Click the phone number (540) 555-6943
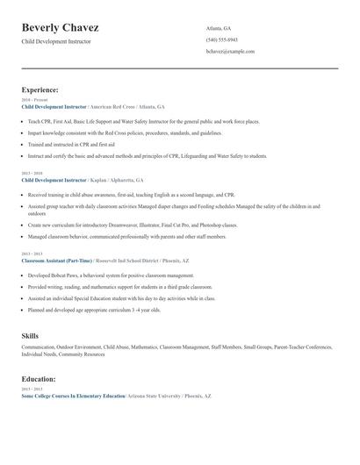pyautogui.click(x=221, y=39)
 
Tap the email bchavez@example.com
pyautogui.click(x=230, y=51)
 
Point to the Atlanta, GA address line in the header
pyautogui.click(x=220, y=28)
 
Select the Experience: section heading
pyautogui.click(x=40, y=89)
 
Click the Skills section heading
pyautogui.click(x=30, y=336)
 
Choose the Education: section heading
pyautogui.click(x=39, y=379)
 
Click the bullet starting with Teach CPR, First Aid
pyautogui.click(x=143, y=121)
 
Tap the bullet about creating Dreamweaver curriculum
pyautogui.click(x=132, y=225)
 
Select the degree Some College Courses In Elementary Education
pyautogui.click(x=73, y=397)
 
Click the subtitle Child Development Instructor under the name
pyautogui.click(x=56, y=41)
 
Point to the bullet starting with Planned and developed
pyautogui.click(x=94, y=310)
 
